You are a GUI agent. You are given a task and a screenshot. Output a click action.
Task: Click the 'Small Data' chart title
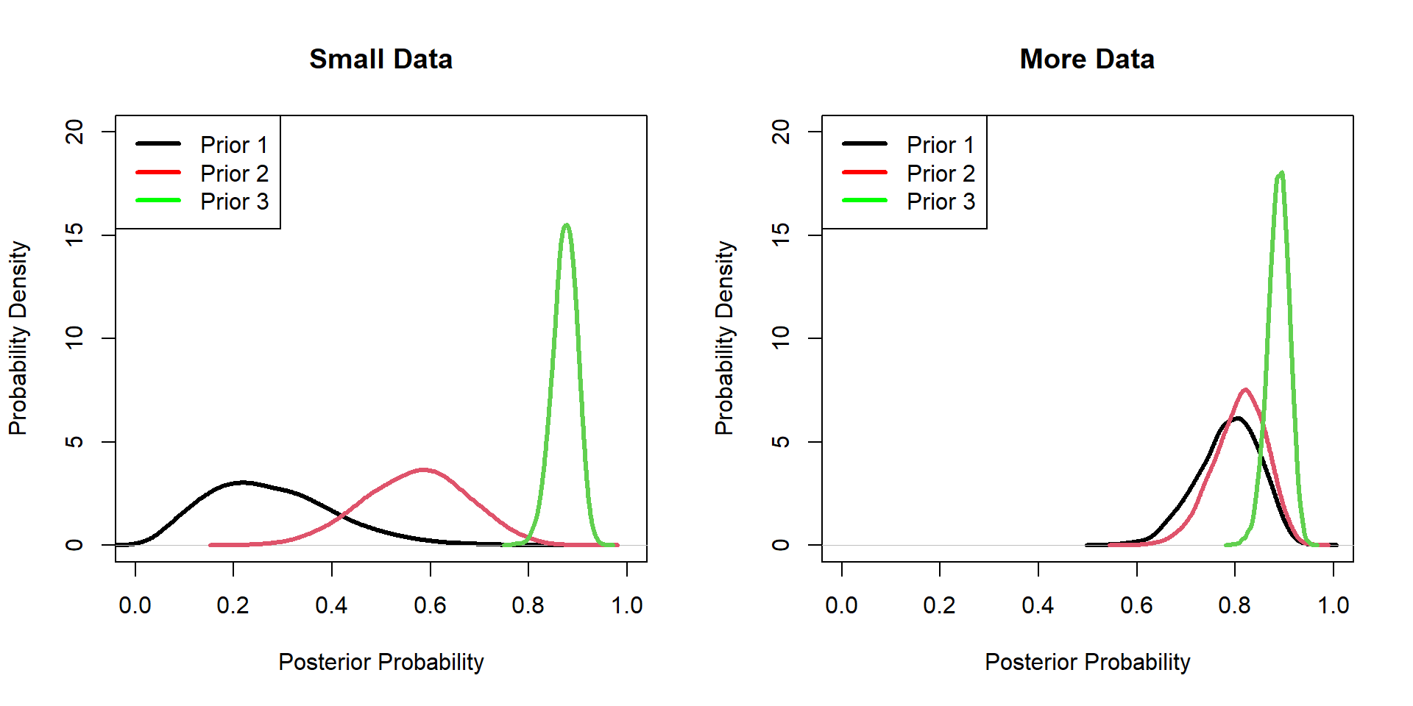[380, 59]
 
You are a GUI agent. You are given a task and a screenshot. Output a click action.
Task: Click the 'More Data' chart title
[1087, 59]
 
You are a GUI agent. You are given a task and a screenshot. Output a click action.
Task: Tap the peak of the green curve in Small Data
[566, 225]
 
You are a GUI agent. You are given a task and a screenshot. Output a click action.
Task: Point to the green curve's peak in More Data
[1281, 174]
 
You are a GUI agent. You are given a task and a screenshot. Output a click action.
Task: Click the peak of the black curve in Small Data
[242, 482]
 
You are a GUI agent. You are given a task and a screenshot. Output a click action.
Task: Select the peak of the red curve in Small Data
[424, 469]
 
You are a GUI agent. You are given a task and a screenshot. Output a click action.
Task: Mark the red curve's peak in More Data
[1245, 390]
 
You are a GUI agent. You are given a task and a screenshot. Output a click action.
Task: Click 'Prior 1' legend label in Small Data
[234, 145]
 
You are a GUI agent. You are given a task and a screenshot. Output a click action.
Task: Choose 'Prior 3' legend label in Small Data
[234, 202]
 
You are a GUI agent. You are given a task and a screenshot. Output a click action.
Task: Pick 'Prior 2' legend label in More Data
[941, 174]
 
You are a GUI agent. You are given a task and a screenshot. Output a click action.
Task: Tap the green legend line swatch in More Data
[865, 200]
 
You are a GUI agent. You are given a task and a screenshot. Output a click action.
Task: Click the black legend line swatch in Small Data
[158, 143]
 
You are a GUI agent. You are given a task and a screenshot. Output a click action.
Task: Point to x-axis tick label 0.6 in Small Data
[430, 605]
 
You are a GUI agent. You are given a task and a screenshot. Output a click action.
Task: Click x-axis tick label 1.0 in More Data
[1333, 605]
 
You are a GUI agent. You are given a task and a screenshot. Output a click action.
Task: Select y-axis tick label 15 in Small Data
[74, 235]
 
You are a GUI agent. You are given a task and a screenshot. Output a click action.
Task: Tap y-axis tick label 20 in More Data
[781, 132]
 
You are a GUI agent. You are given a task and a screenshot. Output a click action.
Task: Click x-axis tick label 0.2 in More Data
[939, 605]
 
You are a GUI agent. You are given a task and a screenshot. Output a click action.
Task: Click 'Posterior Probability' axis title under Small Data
[380, 662]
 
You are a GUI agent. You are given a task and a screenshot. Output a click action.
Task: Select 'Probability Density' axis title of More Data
[724, 338]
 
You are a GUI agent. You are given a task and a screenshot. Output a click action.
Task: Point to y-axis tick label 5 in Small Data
[74, 441]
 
